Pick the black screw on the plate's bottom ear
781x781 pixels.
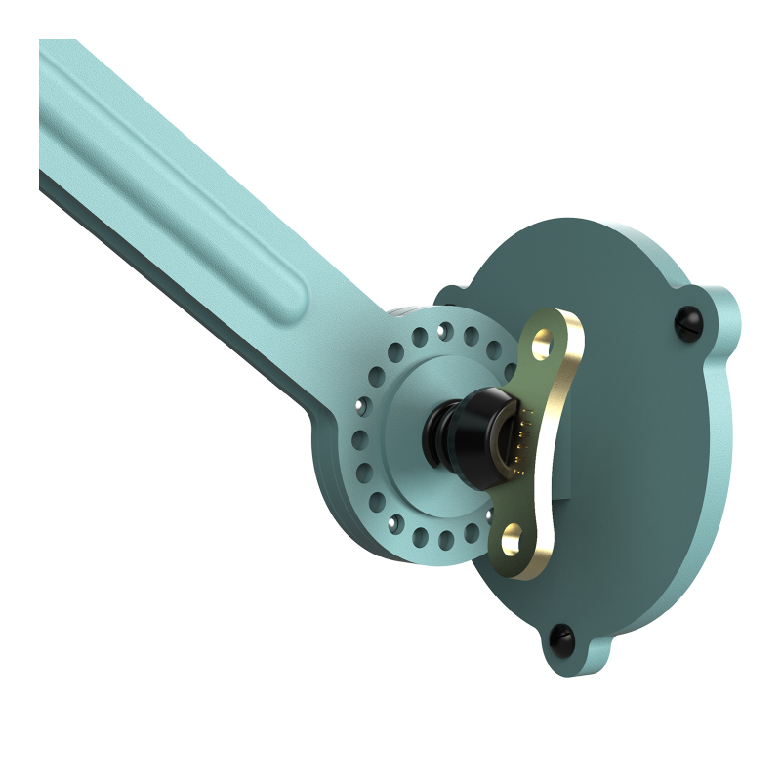(x=564, y=636)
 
